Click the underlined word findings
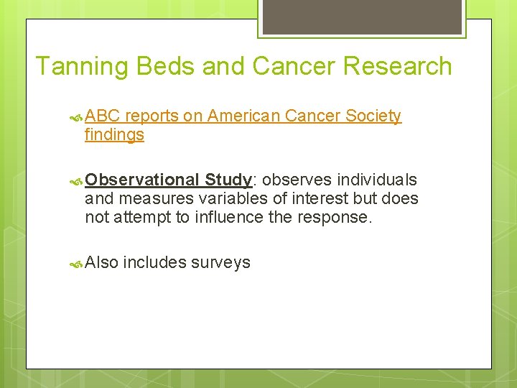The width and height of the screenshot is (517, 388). (x=114, y=135)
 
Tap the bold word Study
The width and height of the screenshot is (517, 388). (x=227, y=180)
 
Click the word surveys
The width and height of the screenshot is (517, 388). (x=220, y=263)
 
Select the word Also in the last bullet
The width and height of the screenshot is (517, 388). (x=101, y=262)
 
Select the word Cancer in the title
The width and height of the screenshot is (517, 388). (x=295, y=66)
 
